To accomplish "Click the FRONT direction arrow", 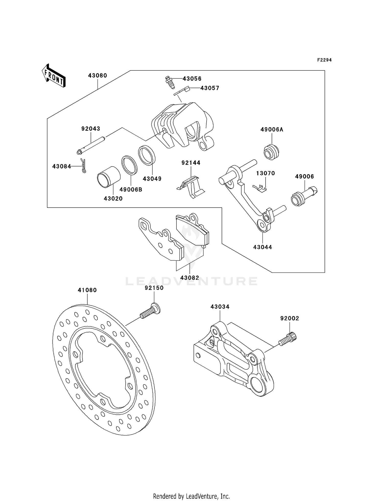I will (54, 76).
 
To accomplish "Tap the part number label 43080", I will (98, 76).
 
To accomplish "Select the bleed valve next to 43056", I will (169, 82).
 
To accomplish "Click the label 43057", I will (210, 88).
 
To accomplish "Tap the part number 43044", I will (262, 247).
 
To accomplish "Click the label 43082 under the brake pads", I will (190, 278).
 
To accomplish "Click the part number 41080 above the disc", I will (87, 290).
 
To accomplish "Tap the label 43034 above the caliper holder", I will (220, 307).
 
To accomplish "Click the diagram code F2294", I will (324, 60).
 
